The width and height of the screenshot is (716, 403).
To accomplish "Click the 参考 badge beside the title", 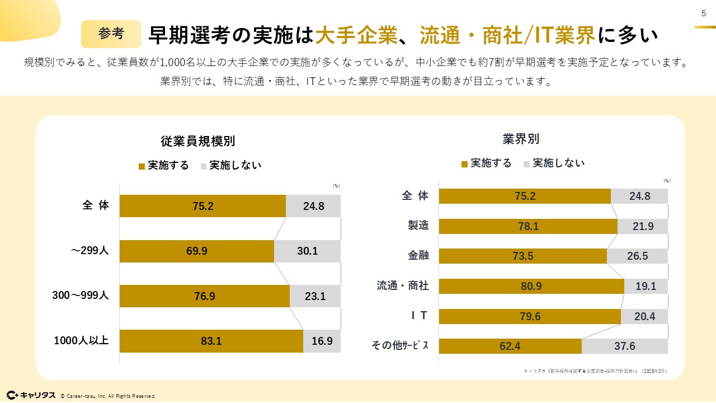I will pyautogui.click(x=111, y=34).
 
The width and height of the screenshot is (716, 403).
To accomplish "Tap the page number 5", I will pyautogui.click(x=704, y=14).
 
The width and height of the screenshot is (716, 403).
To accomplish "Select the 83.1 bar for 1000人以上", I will pyautogui.click(x=211, y=341).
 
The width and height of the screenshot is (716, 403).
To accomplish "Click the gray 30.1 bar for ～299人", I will pyautogui.click(x=307, y=251).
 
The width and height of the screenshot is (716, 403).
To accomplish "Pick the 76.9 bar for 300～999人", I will pyautogui.click(x=204, y=296).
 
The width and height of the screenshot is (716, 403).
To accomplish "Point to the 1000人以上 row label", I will pyautogui.click(x=81, y=340).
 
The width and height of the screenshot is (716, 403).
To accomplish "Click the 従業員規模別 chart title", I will pyautogui.click(x=198, y=141).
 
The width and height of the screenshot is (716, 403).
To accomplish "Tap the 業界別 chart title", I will pyautogui.click(x=521, y=139).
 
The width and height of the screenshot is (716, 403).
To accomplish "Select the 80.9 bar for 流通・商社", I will pyautogui.click(x=531, y=286).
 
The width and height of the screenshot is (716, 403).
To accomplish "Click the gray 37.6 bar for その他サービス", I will pyautogui.click(x=624, y=346).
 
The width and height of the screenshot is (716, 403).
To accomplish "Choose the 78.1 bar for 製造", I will pyautogui.click(x=527, y=226).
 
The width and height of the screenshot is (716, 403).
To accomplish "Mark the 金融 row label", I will pyautogui.click(x=418, y=255).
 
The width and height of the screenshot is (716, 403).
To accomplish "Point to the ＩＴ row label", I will pyautogui.click(x=416, y=316).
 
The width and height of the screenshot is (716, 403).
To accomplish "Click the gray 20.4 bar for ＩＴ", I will pyautogui.click(x=644, y=316).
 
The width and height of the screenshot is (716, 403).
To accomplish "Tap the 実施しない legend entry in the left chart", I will pyautogui.click(x=230, y=166).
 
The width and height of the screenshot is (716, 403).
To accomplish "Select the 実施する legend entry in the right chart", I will pyautogui.click(x=486, y=163).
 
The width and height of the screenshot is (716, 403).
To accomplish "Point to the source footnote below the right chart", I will pyautogui.click(x=595, y=371).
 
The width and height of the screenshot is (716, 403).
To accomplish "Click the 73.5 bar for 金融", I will pyautogui.click(x=522, y=256).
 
